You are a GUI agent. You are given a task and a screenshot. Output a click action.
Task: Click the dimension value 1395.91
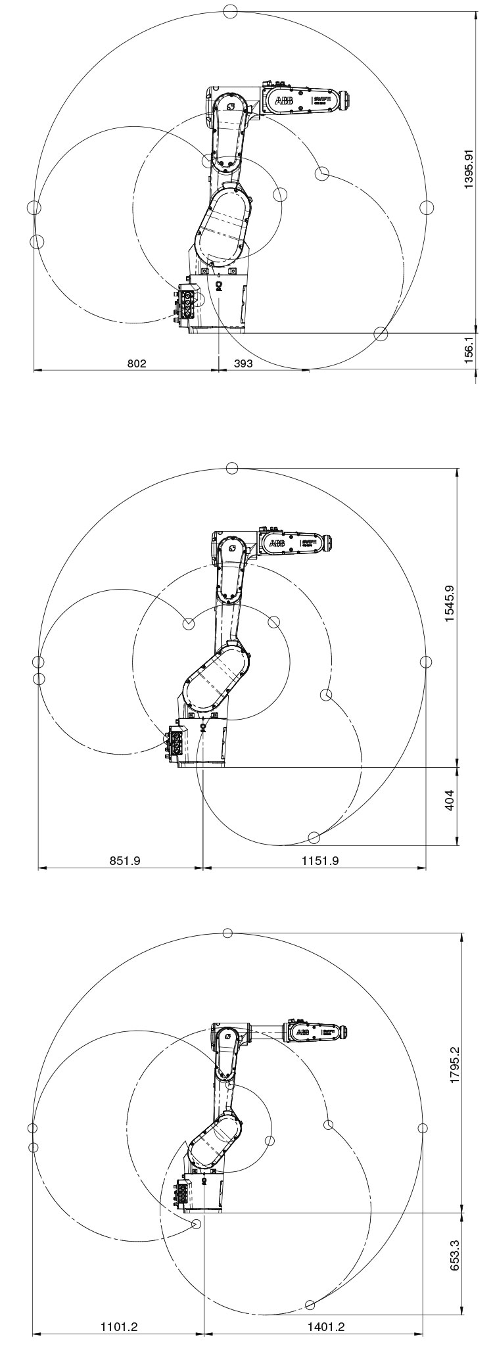(x=469, y=168)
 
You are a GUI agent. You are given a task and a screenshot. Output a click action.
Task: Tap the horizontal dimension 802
(x=136, y=363)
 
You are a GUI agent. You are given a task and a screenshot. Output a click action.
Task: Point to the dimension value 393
(x=243, y=363)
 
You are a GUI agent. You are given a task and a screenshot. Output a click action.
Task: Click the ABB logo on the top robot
(x=284, y=101)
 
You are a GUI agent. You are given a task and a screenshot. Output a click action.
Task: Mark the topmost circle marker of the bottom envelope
(x=228, y=933)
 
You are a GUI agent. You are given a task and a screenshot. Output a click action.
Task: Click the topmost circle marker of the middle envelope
(x=231, y=467)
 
